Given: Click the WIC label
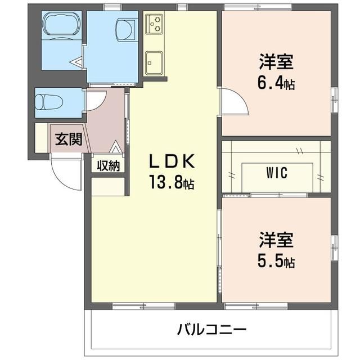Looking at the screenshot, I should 277,173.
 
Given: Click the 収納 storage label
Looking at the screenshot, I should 108,165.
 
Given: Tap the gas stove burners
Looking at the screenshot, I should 154,24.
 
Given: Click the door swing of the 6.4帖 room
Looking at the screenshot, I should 232,102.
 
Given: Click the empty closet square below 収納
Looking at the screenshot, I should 108,185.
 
